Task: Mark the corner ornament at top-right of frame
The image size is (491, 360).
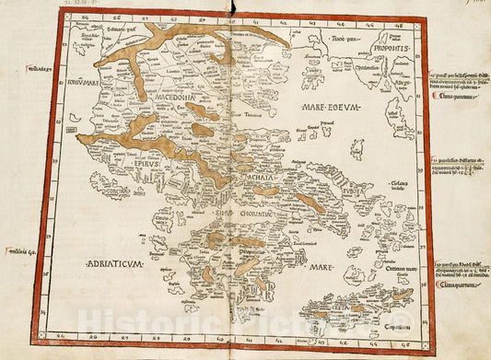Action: click(x=422, y=19)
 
